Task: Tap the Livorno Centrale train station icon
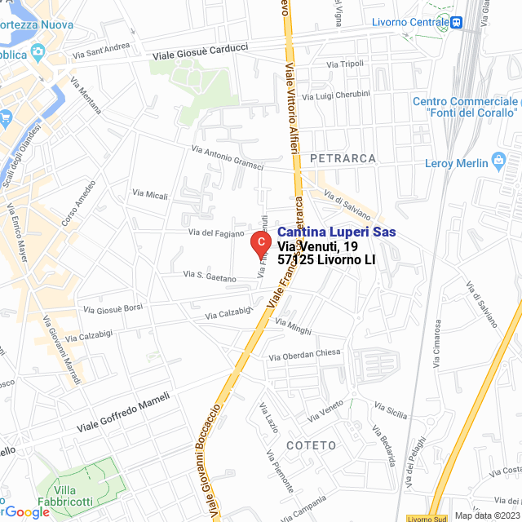(458, 22)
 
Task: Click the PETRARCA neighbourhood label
(343, 157)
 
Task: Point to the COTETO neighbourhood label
(311, 445)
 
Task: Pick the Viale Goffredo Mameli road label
(123, 413)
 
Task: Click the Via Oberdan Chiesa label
(304, 355)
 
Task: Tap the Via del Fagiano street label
(215, 233)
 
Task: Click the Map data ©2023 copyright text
(486, 515)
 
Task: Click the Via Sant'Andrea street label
(101, 51)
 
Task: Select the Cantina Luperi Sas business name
(337, 232)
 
